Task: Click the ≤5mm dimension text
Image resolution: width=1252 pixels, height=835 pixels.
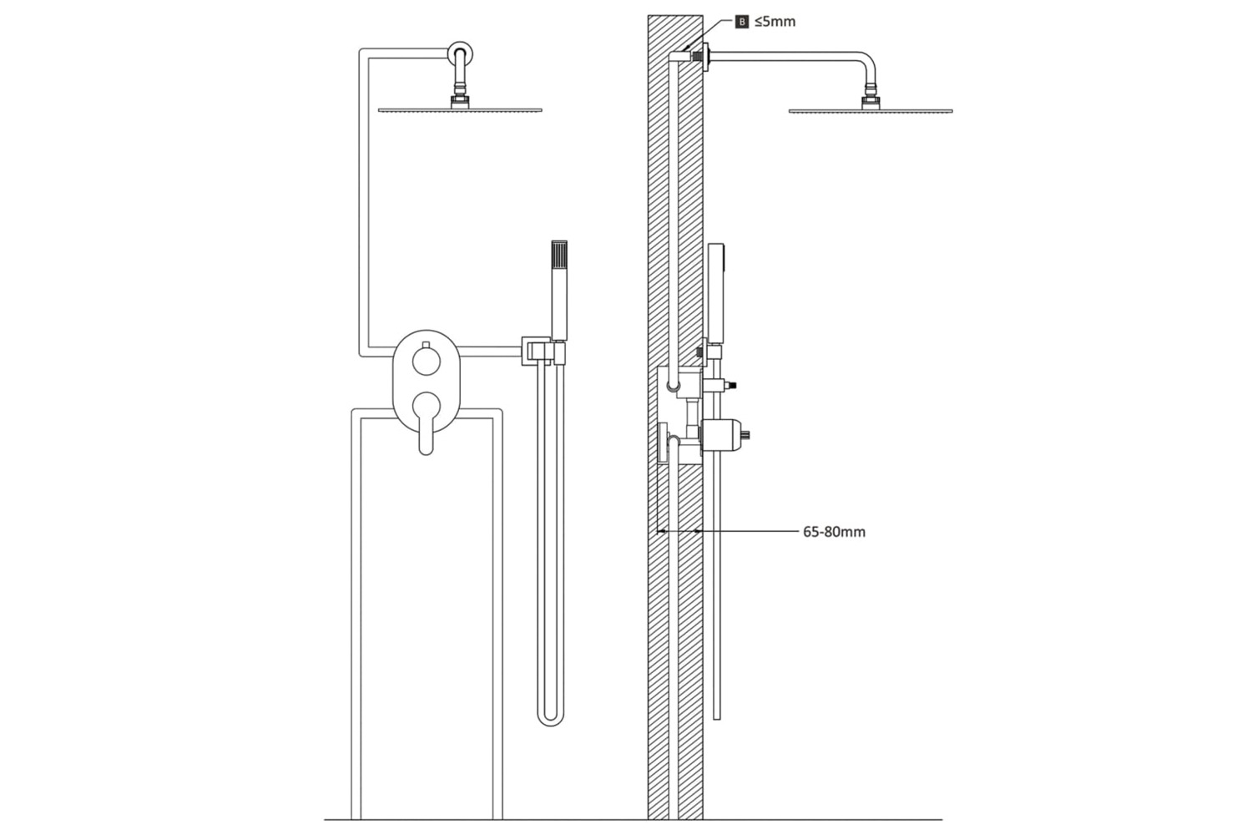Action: [775, 22]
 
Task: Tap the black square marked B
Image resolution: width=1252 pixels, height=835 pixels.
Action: [742, 23]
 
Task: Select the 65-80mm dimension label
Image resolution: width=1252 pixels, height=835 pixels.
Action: [834, 532]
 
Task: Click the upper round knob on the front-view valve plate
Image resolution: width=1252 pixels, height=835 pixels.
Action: [427, 361]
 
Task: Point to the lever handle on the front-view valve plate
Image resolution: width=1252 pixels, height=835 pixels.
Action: [426, 423]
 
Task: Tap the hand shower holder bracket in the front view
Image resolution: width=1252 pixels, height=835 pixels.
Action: [543, 352]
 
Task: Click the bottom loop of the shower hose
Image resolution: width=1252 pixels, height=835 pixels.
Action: [551, 721]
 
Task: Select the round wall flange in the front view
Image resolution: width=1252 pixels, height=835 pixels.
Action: [460, 53]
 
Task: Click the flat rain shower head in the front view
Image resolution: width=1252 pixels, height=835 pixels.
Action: [460, 110]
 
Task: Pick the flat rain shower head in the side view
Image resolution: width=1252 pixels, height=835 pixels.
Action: [871, 111]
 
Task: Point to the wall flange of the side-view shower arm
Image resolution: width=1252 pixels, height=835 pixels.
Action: [705, 57]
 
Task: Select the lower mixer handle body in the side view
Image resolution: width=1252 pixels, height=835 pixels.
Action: [722, 434]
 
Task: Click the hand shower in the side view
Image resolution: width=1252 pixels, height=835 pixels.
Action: [715, 293]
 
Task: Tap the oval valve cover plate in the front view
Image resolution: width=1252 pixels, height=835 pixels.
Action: [427, 381]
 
